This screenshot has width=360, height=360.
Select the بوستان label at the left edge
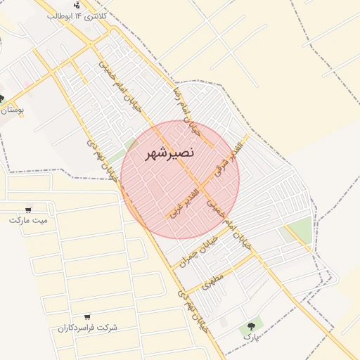(13, 110)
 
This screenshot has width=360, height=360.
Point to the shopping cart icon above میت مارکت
(29, 210)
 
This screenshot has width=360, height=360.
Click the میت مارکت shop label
(29, 220)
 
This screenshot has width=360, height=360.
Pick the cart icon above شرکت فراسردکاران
(86, 318)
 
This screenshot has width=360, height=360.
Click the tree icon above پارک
(250, 326)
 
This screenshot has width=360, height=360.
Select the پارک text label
(251, 337)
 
